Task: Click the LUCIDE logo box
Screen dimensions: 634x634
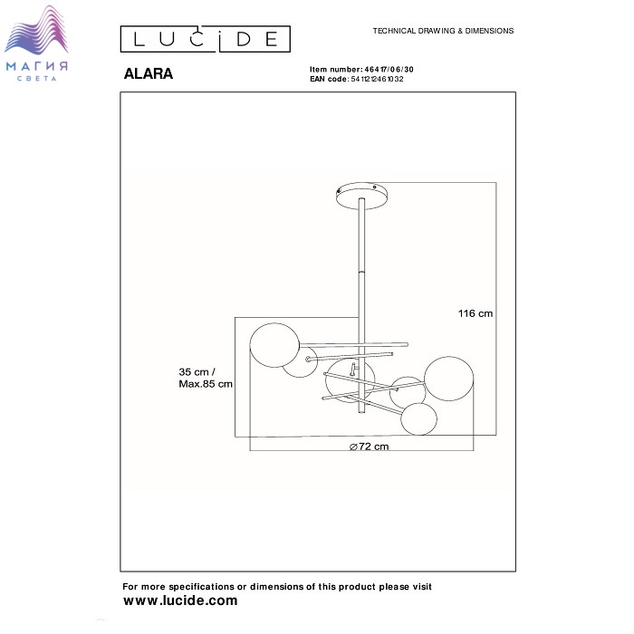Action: (x=206, y=39)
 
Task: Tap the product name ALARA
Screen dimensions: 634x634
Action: (x=148, y=75)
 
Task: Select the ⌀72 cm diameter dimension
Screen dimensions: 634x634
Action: (x=369, y=447)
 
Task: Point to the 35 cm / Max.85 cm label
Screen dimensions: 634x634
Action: (x=206, y=378)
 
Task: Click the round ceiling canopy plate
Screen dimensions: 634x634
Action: (x=363, y=192)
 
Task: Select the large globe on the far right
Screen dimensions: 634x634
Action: (x=450, y=379)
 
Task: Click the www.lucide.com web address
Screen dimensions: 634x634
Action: (x=180, y=600)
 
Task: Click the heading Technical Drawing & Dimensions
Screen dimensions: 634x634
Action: (x=443, y=31)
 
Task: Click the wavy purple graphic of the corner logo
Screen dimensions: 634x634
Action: (x=40, y=32)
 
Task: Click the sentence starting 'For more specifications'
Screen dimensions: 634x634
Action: (x=277, y=587)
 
